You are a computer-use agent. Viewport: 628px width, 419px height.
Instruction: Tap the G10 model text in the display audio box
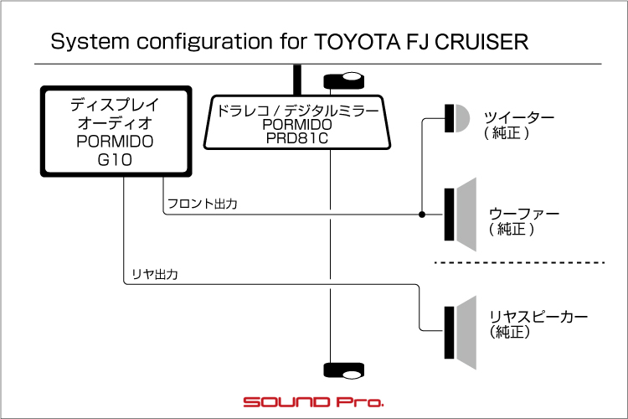(115, 158)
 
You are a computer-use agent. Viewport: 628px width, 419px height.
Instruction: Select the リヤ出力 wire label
(155, 274)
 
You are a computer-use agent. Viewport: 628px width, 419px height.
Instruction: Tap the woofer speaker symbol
(461, 215)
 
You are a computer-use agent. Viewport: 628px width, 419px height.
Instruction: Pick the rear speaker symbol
(461, 334)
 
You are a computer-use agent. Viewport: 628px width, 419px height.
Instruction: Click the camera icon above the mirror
(342, 80)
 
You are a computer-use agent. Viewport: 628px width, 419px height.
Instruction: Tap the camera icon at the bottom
(342, 371)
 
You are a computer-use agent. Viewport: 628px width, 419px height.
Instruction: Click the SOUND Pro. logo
(313, 402)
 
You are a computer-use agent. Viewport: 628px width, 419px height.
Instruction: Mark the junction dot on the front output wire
(422, 215)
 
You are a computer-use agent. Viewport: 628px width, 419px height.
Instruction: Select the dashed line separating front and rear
(519, 263)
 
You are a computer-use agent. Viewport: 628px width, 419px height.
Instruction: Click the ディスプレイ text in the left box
(115, 106)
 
